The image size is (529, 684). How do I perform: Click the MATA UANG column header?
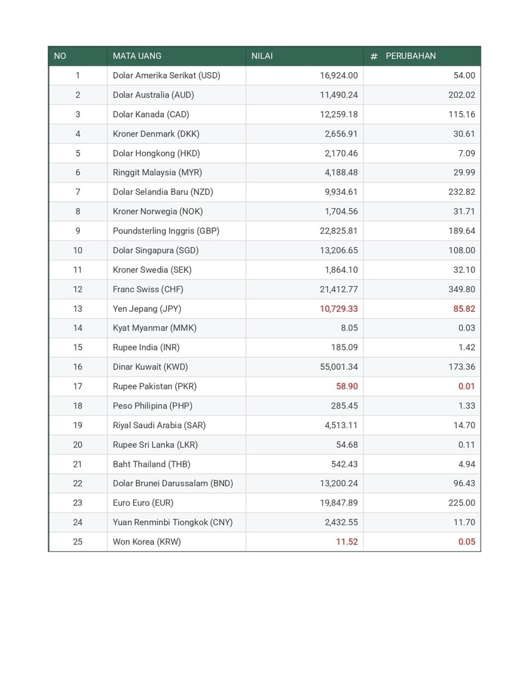[137, 56]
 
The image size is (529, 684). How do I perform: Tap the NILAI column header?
[262, 56]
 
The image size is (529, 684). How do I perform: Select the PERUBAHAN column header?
[411, 56]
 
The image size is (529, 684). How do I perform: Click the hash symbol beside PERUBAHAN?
[374, 57]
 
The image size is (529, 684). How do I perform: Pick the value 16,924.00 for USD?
[339, 75]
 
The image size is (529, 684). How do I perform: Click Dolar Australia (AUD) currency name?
[153, 95]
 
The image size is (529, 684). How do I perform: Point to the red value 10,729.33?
[339, 309]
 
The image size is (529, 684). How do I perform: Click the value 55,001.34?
[338, 367]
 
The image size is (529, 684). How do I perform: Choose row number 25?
[78, 542]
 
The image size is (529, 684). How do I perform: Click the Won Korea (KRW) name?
[147, 542]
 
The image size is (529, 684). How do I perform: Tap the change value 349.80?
[462, 289]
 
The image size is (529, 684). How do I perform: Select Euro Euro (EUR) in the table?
[143, 503]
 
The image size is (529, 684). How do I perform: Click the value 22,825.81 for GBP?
[339, 231]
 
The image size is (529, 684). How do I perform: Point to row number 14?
[78, 328]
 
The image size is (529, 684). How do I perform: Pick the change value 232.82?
[462, 192]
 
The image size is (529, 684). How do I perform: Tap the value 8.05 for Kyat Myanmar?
[349, 328]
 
